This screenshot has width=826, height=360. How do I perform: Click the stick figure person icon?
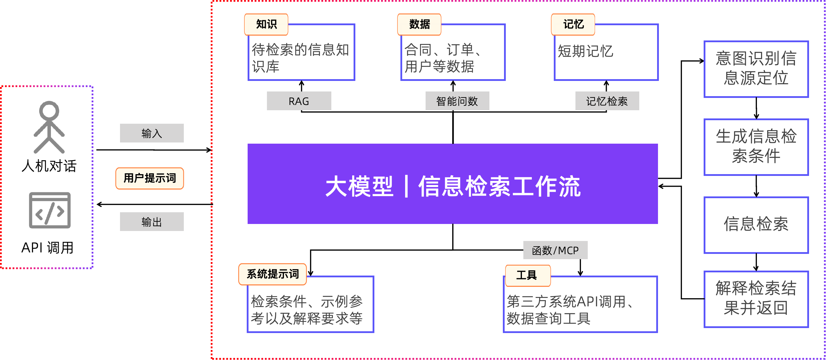(49, 127)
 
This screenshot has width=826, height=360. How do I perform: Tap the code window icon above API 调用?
(50, 210)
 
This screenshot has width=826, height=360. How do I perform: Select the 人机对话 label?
(49, 164)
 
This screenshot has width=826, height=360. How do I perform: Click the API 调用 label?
(48, 246)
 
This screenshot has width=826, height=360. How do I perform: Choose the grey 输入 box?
(152, 133)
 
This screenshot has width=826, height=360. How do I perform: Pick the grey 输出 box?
(152, 222)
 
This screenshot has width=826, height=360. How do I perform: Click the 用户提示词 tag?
(150, 178)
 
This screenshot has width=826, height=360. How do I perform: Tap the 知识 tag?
(266, 24)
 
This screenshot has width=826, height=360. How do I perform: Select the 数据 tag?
(419, 24)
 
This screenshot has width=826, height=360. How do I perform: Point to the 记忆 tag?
(573, 24)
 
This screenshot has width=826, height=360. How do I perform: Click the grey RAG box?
(299, 101)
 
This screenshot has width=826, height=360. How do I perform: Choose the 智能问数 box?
(457, 101)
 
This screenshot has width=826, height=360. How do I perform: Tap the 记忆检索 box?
(607, 101)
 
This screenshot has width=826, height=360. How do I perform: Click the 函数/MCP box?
(555, 250)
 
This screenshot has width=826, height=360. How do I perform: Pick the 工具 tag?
(528, 276)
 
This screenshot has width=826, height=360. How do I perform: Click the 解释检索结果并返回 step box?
(756, 299)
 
